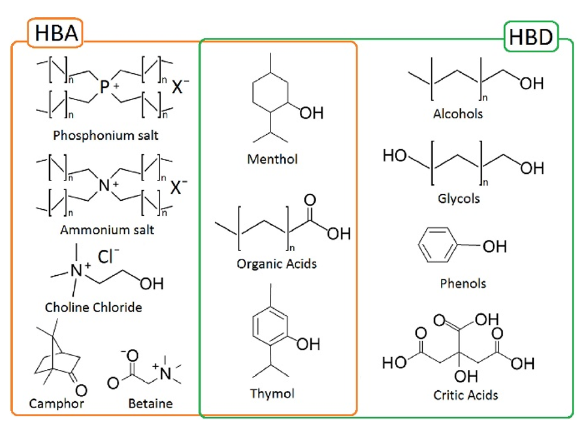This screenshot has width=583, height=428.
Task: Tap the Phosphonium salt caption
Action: (x=106, y=135)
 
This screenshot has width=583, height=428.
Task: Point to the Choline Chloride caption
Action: (x=94, y=308)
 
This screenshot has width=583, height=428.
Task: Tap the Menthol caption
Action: (x=272, y=159)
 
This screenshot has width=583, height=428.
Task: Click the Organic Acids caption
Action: (x=277, y=263)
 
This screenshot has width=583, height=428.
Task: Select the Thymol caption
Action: (x=273, y=394)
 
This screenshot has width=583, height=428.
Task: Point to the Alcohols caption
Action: (x=458, y=113)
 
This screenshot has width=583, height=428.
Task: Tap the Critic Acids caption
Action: (x=465, y=394)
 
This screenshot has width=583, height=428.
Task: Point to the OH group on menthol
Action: (x=311, y=112)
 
